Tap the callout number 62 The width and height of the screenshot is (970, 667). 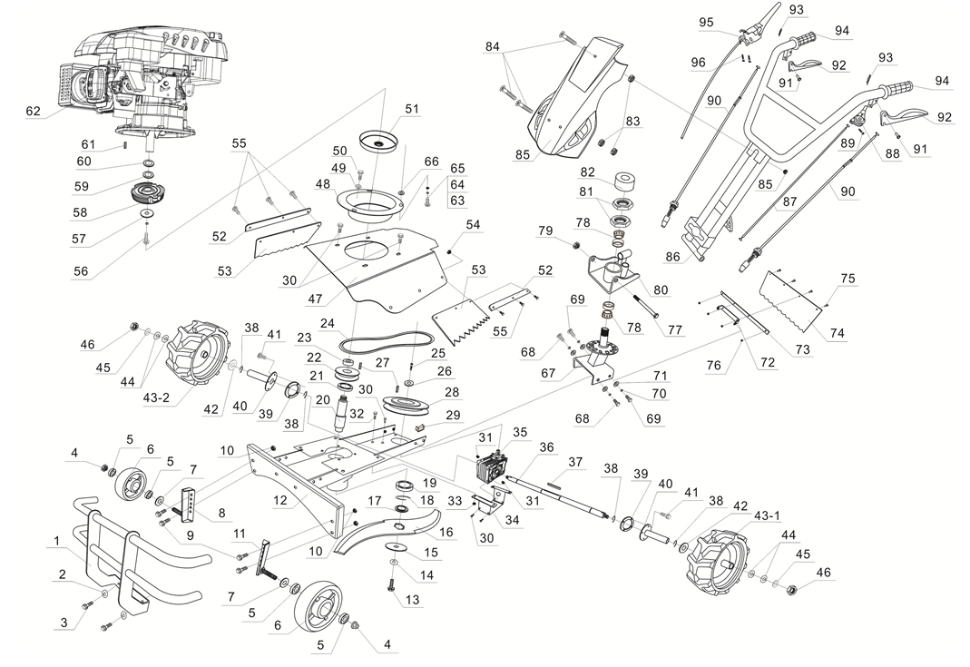pos(34,112)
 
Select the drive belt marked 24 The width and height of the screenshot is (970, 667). pos(377,344)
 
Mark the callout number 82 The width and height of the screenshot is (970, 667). pos(587,172)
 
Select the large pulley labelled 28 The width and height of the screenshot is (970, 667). pos(407,405)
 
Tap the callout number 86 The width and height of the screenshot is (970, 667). pos(672,257)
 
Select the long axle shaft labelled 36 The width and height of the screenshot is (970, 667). pos(563,498)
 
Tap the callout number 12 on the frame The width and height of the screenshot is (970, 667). pos(281,499)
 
